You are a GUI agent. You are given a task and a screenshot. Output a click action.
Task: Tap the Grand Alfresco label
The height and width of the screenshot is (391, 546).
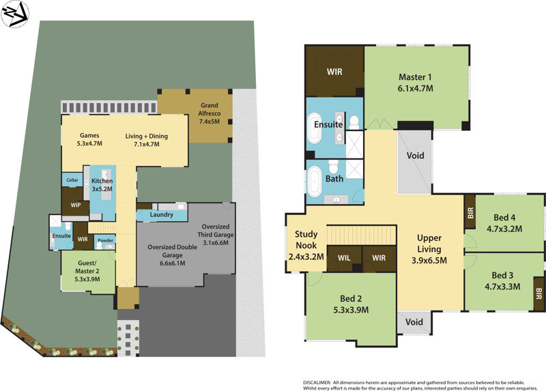point(208,113)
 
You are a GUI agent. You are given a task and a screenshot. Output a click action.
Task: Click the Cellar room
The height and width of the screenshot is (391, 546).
point(72,180)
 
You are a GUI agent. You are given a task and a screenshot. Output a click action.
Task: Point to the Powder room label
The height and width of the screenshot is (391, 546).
point(105,240)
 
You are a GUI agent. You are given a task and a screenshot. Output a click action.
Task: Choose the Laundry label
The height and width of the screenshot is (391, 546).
point(161,215)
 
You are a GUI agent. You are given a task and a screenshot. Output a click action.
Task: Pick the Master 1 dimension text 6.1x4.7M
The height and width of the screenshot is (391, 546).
point(416,88)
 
